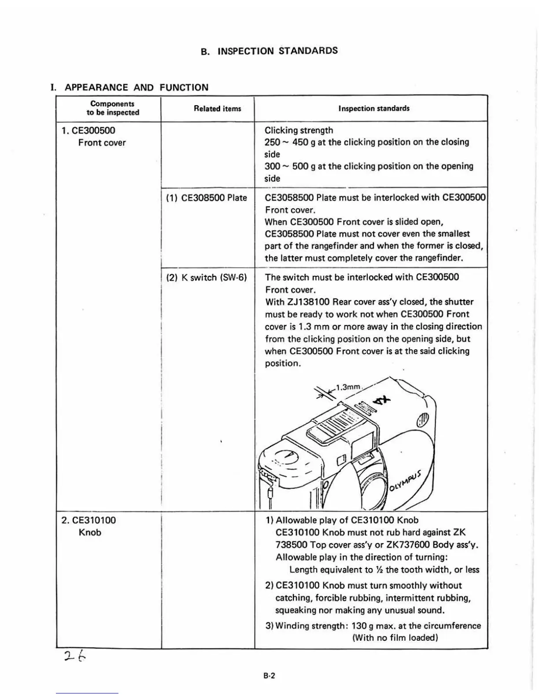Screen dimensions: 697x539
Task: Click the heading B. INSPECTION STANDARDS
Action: point(269,51)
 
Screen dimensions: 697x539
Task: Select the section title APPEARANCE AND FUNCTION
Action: point(136,87)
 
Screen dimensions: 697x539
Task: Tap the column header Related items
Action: point(217,108)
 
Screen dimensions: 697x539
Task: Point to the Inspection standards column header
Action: point(373,108)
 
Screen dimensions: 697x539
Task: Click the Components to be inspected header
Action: point(112,108)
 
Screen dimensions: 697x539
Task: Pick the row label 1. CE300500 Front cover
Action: point(93,136)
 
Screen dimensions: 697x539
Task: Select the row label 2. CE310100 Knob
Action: point(89,526)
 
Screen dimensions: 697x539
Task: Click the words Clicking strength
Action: point(299,130)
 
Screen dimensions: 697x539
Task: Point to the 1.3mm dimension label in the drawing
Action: point(348,387)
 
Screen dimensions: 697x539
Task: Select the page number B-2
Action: point(269,676)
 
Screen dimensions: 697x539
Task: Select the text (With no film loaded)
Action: point(395,638)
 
